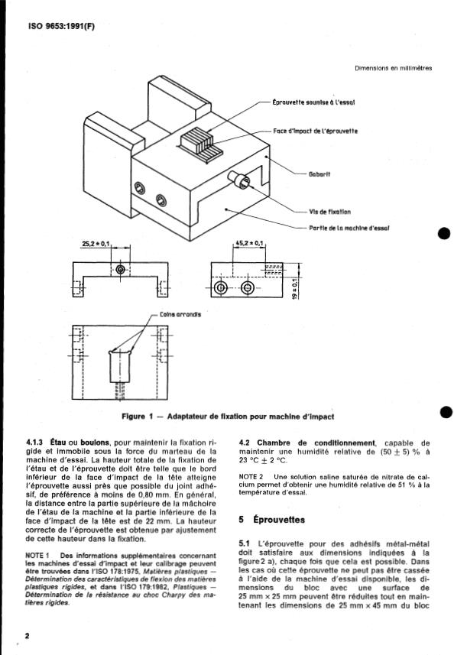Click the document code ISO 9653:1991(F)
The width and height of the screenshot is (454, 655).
pyautogui.click(x=61, y=26)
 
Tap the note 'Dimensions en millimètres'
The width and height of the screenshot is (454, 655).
pyautogui.click(x=393, y=68)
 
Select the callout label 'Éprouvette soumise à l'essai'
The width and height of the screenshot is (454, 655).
pyautogui.click(x=313, y=102)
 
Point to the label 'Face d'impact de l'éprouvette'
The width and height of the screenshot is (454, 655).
pyautogui.click(x=316, y=131)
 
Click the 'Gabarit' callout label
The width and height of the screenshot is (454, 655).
pyautogui.click(x=319, y=173)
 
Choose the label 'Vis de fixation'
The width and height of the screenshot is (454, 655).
pyautogui.click(x=330, y=212)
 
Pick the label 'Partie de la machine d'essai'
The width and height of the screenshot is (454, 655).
pyautogui.click(x=349, y=228)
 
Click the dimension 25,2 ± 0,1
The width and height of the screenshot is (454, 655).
pyautogui.click(x=96, y=243)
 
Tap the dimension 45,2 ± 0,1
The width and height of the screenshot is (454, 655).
pyautogui.click(x=250, y=243)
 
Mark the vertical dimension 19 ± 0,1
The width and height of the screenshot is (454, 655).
pyautogui.click(x=295, y=288)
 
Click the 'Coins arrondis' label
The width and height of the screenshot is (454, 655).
pyautogui.click(x=180, y=314)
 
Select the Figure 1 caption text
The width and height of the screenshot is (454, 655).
pyautogui.click(x=228, y=417)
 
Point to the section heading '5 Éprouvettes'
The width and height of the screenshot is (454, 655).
pyautogui.click(x=272, y=520)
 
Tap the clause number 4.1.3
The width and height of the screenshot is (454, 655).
pyautogui.click(x=36, y=443)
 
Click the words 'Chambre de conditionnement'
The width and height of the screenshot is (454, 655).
pyautogui.click(x=316, y=443)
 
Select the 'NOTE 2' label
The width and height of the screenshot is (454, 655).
pyautogui.click(x=251, y=477)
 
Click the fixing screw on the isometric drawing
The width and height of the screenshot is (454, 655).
pyautogui.click(x=239, y=180)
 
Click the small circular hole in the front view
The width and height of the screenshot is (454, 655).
pyautogui.click(x=121, y=270)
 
